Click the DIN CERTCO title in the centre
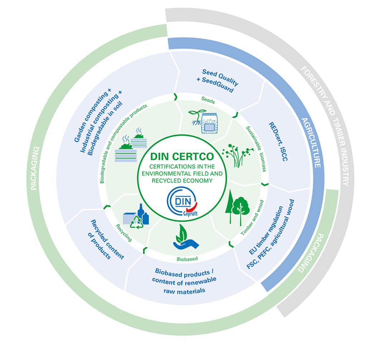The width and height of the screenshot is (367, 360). (x=183, y=157)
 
